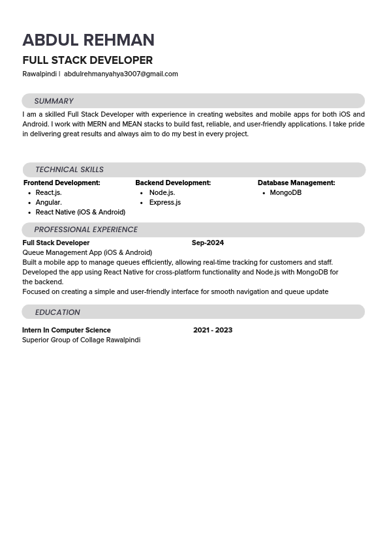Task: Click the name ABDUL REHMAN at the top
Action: click(x=88, y=40)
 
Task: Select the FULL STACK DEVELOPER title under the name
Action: click(x=87, y=60)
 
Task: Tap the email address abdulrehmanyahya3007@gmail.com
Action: click(x=121, y=74)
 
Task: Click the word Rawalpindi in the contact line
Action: click(x=39, y=74)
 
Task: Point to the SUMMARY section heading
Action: click(x=54, y=101)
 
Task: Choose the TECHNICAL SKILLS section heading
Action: click(x=69, y=170)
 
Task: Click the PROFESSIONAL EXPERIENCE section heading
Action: click(x=86, y=230)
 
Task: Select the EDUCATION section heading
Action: click(x=57, y=312)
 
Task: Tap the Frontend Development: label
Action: click(x=61, y=183)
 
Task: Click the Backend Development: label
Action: click(x=173, y=183)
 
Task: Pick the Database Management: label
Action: click(x=296, y=183)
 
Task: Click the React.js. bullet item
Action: click(x=48, y=193)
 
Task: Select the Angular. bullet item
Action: click(x=48, y=203)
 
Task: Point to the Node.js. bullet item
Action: click(x=162, y=193)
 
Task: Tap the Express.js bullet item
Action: click(x=164, y=203)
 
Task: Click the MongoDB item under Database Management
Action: click(x=285, y=193)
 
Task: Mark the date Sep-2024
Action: click(x=208, y=243)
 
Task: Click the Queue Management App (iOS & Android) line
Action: click(x=87, y=252)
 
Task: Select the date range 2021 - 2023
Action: click(x=213, y=330)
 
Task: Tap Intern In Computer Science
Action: click(x=67, y=330)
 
